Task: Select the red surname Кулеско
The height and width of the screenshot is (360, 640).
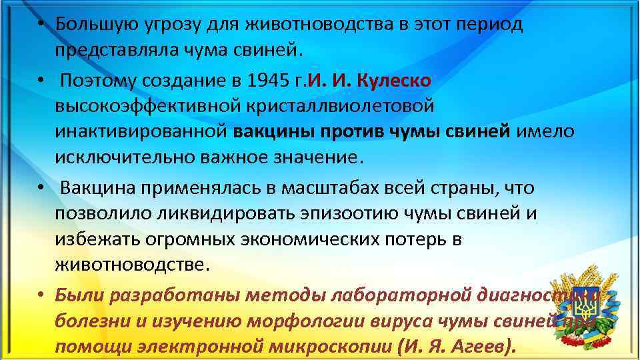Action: click(395, 81)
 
